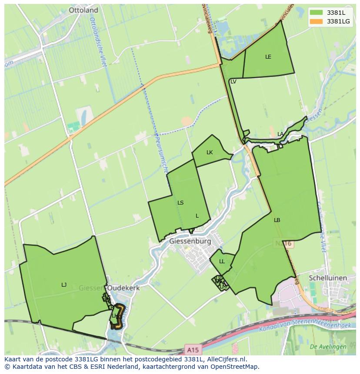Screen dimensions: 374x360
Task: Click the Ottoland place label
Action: (x=83, y=10)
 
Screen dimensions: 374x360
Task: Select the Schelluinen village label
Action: (x=327, y=278)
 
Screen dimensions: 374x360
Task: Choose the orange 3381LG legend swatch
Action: (x=316, y=21)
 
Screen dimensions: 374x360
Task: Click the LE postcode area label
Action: (x=268, y=57)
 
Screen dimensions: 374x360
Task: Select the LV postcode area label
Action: (x=233, y=82)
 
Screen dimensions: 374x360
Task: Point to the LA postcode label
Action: (x=280, y=134)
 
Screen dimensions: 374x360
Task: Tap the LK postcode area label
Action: (x=210, y=152)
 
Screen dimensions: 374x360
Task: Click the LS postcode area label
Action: (x=180, y=203)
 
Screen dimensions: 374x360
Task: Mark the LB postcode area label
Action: (x=277, y=220)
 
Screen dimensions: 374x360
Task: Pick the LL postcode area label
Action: (x=222, y=261)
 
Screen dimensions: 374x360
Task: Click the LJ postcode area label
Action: (x=64, y=285)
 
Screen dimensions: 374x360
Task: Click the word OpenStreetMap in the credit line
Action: (x=234, y=367)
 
